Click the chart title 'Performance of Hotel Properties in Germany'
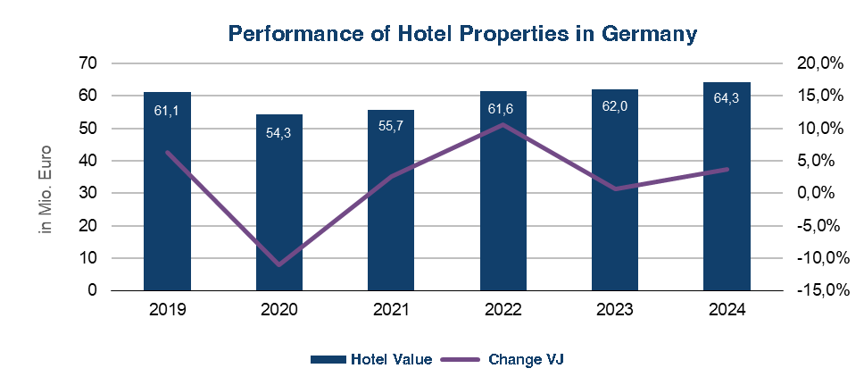[x=462, y=34]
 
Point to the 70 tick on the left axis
[x=87, y=63]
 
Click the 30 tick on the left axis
[x=87, y=193]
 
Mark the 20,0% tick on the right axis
[x=819, y=63]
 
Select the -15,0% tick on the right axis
[x=816, y=290]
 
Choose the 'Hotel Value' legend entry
[x=391, y=360]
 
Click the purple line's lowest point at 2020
[x=279, y=265]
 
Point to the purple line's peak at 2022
[x=503, y=124]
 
